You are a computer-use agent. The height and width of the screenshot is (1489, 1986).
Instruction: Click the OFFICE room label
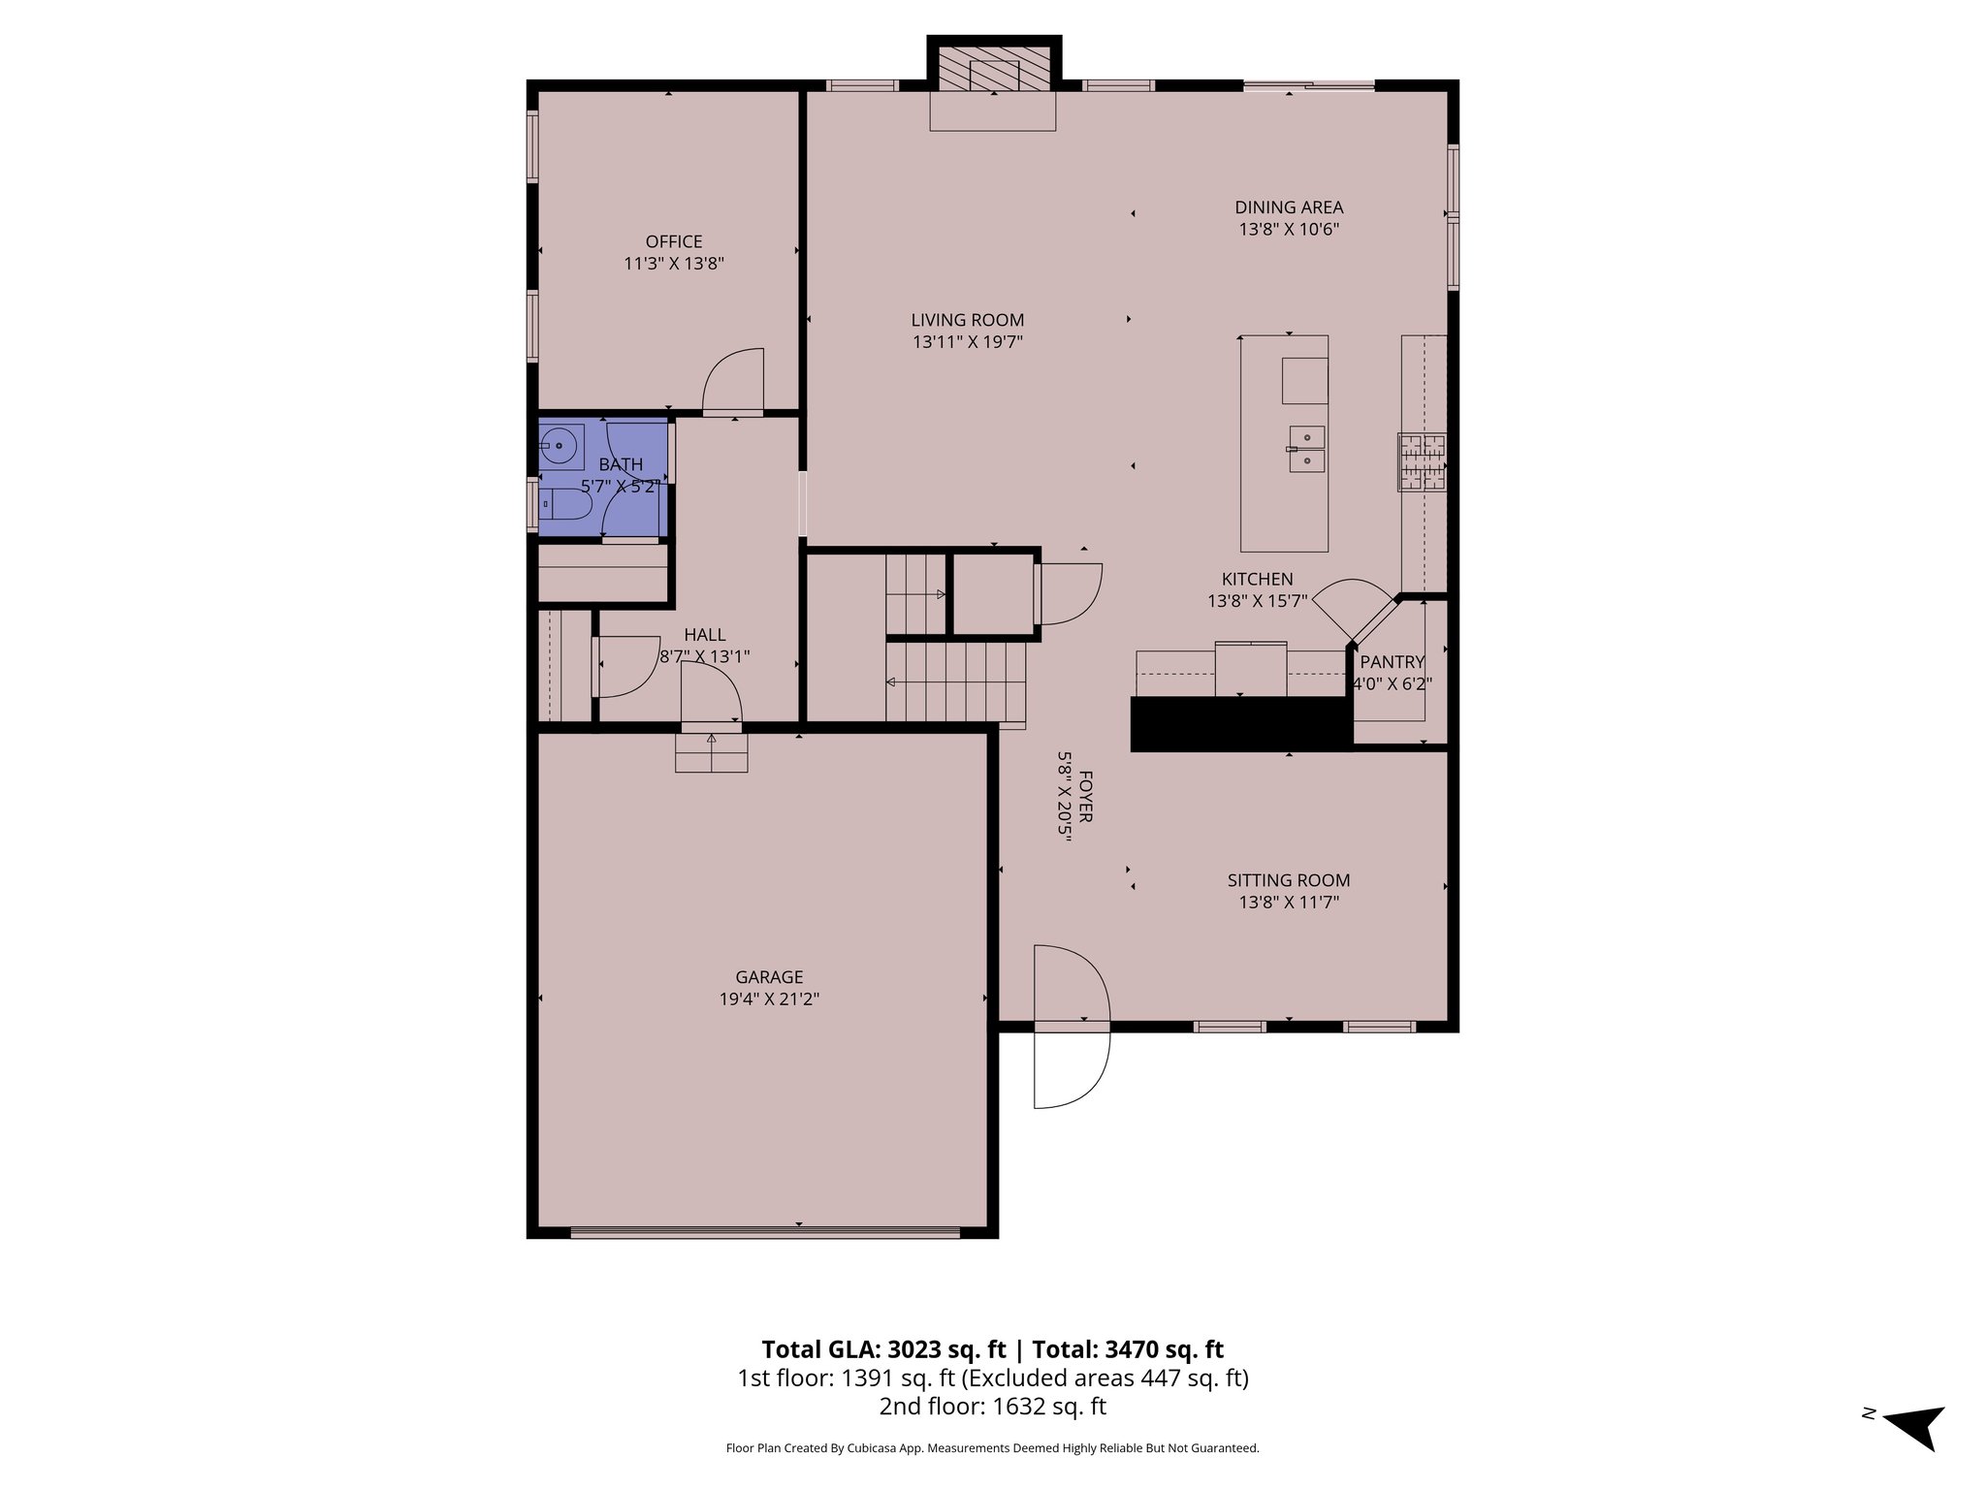[674, 241]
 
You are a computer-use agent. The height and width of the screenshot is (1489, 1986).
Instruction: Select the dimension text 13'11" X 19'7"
[967, 342]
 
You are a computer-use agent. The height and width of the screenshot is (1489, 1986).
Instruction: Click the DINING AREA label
[1289, 207]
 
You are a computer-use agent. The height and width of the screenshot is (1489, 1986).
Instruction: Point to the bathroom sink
[561, 447]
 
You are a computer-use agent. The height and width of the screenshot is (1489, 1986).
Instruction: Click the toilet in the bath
[565, 504]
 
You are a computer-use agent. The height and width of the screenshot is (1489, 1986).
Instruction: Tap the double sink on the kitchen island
[1307, 449]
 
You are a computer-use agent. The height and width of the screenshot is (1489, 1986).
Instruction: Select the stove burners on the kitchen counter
[1422, 461]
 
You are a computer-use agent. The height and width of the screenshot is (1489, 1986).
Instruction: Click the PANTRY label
[1392, 662]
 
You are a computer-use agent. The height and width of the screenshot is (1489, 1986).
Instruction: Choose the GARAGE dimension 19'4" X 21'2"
[769, 999]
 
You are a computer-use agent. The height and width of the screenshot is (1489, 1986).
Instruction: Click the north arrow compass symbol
[1914, 1451]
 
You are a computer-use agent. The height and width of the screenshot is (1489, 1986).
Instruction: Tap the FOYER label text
[1086, 797]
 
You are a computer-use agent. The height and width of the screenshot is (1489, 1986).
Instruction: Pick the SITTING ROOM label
[1288, 880]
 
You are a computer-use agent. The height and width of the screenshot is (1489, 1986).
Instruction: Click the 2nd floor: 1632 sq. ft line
[992, 1406]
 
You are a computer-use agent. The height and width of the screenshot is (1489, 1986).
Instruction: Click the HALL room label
[704, 635]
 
